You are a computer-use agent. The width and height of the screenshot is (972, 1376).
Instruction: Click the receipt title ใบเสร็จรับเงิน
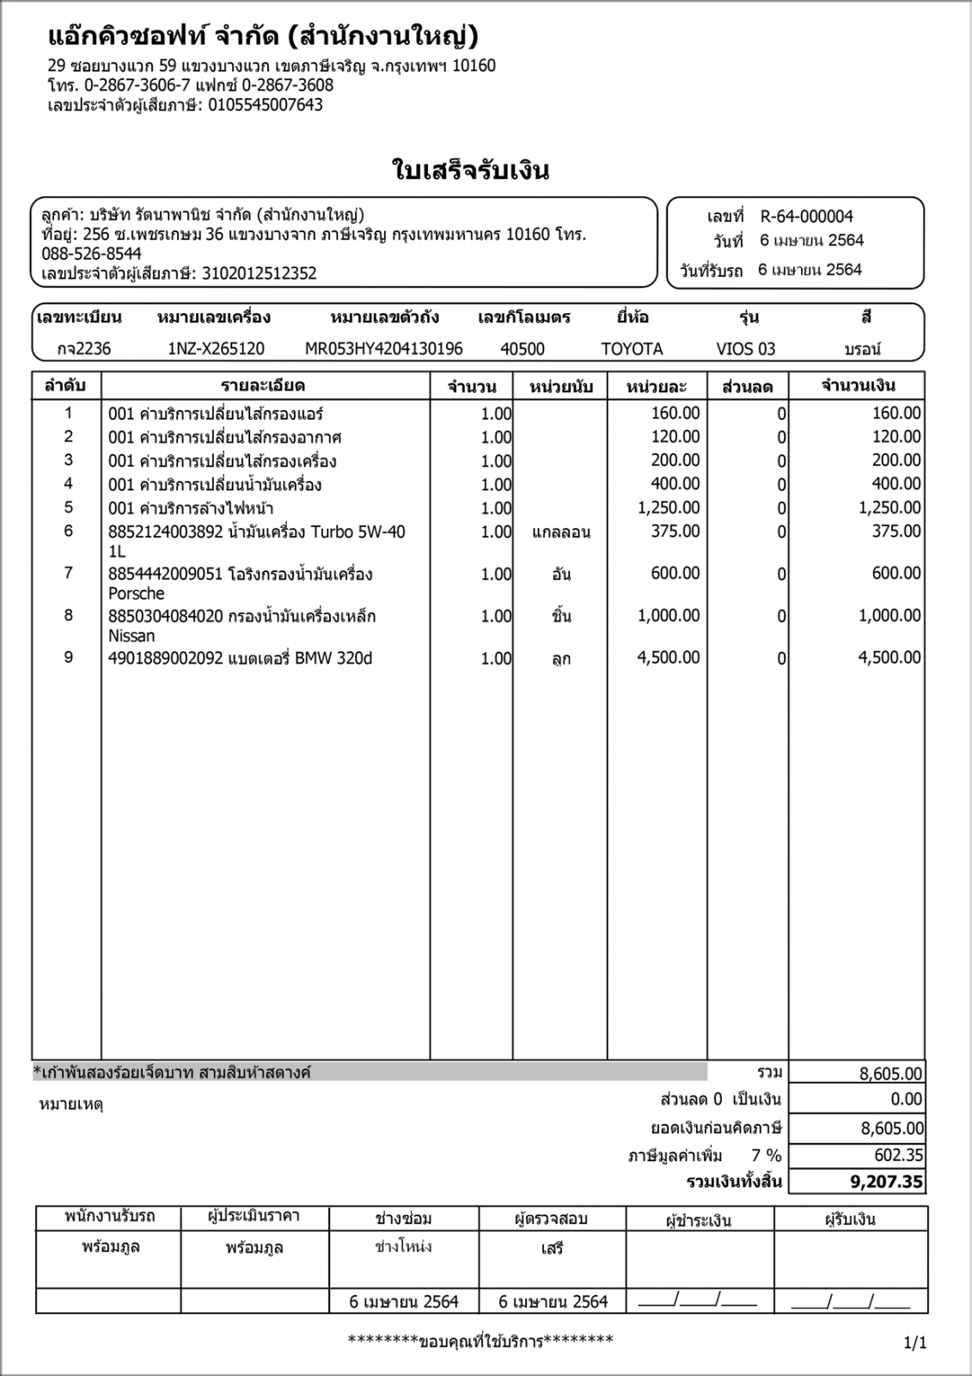click(470, 170)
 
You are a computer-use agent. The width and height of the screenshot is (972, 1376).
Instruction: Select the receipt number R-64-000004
click(806, 217)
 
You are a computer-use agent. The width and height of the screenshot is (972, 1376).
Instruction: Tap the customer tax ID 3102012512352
click(259, 274)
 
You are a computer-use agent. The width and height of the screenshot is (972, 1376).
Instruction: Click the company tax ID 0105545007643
click(266, 106)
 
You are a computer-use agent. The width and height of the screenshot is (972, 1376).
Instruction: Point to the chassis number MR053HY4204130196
click(383, 349)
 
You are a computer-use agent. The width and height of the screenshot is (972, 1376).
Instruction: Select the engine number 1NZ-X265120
click(216, 349)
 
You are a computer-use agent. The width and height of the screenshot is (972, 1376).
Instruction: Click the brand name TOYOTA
click(632, 349)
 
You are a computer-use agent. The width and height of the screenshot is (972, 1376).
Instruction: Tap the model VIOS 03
click(745, 349)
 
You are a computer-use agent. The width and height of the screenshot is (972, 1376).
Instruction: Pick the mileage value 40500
click(522, 349)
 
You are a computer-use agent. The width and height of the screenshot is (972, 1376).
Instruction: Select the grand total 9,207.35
click(886, 1182)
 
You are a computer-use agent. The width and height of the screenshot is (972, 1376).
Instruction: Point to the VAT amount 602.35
click(899, 1156)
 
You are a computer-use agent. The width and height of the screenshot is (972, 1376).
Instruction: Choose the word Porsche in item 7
click(136, 593)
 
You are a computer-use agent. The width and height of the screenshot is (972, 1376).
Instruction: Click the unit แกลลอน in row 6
click(561, 532)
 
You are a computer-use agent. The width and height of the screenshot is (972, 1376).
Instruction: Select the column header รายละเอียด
click(263, 386)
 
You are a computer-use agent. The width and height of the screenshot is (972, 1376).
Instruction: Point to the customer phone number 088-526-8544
click(91, 255)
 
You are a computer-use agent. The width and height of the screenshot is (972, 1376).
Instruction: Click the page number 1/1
click(915, 1342)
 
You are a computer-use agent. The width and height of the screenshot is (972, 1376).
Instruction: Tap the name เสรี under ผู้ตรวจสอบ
click(552, 1248)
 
